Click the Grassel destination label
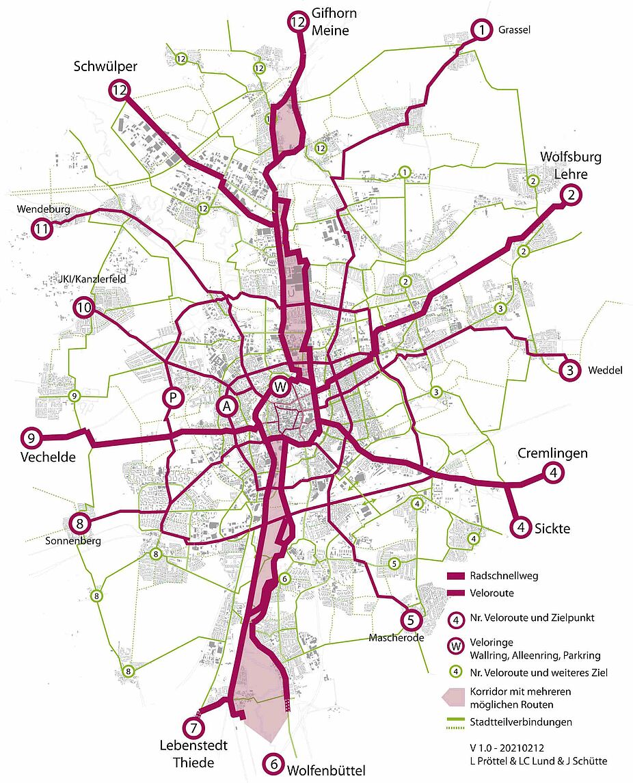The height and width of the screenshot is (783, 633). (515, 30)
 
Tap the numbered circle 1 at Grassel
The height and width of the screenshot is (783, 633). (482, 30)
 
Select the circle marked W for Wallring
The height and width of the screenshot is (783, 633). (280, 387)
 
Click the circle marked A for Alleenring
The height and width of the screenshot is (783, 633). (228, 406)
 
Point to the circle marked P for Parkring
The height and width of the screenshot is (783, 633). (172, 398)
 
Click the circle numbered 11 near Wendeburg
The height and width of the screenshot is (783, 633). (42, 230)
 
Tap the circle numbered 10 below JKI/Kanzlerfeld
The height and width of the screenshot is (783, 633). (84, 309)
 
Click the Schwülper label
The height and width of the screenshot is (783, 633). (106, 67)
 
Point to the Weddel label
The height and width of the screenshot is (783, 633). (605, 371)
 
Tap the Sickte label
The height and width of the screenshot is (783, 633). (552, 528)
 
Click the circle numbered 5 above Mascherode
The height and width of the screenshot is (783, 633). (410, 620)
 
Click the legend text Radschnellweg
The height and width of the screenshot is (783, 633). (504, 576)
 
